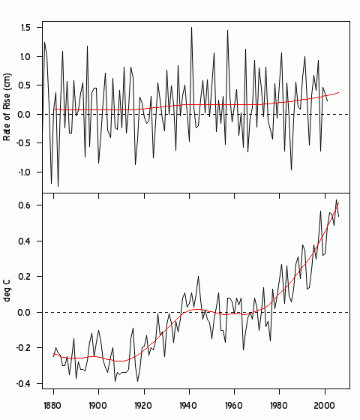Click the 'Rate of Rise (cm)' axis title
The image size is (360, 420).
pos(8,107)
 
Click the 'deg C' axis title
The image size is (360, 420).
pos(8,291)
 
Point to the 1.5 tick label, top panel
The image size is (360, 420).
pos(25,28)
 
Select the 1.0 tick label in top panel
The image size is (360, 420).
pos(25,56)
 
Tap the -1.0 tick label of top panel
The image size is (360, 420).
pos(23,172)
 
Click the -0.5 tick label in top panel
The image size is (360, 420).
pos(23,143)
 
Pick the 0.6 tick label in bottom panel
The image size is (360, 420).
pos(25,205)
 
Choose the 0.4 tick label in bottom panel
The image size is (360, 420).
pos(25,241)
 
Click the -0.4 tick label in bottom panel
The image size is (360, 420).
pos(23,384)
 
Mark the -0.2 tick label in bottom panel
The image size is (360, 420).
pos(23,348)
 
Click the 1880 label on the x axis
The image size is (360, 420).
pos(52,406)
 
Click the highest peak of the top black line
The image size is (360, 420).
pos(191,27)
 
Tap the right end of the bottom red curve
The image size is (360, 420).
pos(339,202)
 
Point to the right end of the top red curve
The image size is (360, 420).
pos(339,92)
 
